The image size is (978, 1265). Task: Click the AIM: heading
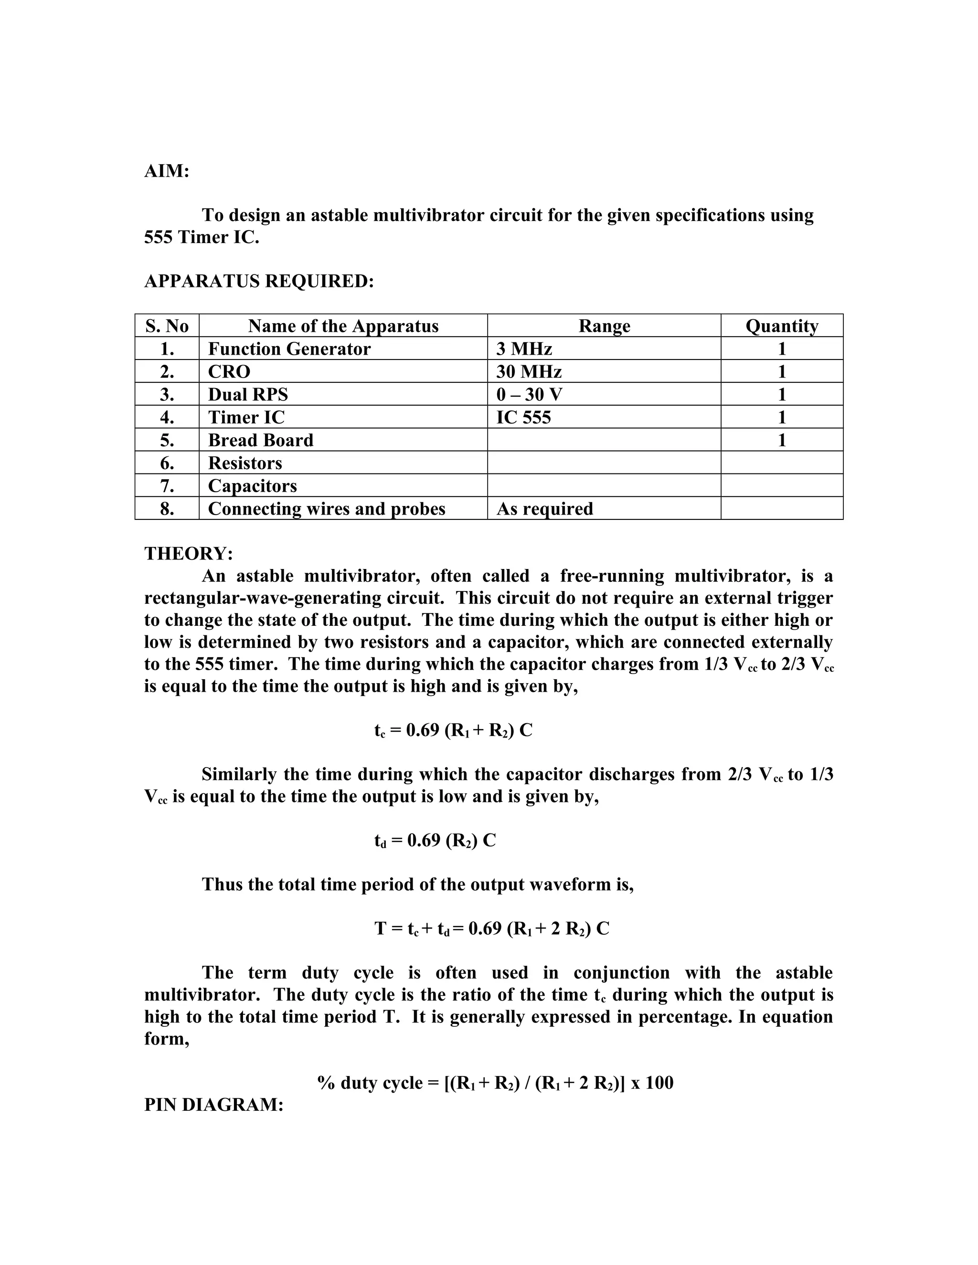point(166,171)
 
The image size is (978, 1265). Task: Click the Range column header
point(604,326)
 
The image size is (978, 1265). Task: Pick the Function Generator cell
point(288,348)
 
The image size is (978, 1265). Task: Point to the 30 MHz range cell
point(529,371)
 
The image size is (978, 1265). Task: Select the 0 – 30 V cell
point(529,394)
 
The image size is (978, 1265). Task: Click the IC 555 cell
point(523,417)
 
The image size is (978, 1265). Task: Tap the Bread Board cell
point(260,440)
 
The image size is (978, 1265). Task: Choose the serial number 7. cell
point(167,485)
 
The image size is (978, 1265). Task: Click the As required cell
point(544,508)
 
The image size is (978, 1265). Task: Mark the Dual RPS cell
point(247,394)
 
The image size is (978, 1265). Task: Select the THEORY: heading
point(188,553)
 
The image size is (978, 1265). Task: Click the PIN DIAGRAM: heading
point(213,1105)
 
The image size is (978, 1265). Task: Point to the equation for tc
point(453,730)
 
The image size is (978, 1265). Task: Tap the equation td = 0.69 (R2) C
point(435,841)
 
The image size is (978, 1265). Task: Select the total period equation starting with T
point(491,928)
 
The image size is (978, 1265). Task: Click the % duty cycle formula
point(495,1083)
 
